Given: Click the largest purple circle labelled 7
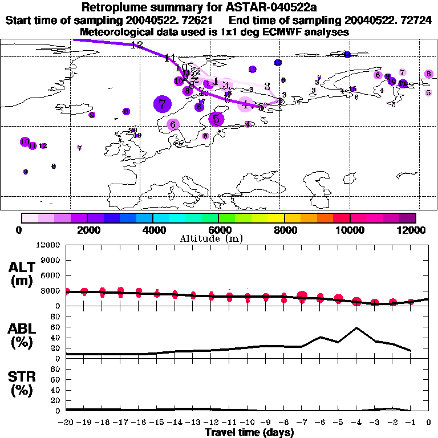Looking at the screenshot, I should coord(163,104).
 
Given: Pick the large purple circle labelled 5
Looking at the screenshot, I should coord(216,119).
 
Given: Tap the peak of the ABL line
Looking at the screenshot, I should coord(356,328).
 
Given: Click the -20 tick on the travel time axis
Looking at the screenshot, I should coord(66,423).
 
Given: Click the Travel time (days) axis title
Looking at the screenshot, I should coord(249,432).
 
